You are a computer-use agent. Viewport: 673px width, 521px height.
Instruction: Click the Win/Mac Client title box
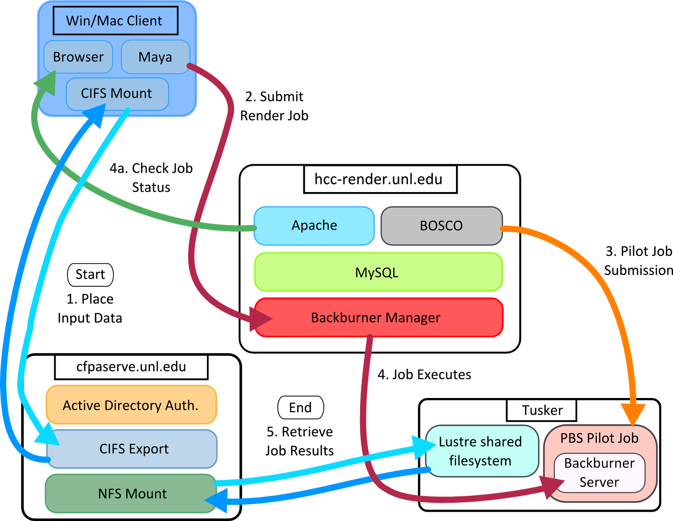tap(115, 21)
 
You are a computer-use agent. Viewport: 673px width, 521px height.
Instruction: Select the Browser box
tap(78, 57)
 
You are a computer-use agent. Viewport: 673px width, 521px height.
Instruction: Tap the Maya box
tap(155, 57)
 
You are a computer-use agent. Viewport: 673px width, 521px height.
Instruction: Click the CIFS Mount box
tap(117, 94)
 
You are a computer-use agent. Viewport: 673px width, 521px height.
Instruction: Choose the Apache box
tap(314, 226)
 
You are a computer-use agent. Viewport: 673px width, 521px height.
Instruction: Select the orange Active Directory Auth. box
tap(131, 405)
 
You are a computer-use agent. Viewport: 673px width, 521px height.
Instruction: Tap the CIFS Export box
tap(133, 449)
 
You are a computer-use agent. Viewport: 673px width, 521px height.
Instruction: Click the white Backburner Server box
tap(599, 473)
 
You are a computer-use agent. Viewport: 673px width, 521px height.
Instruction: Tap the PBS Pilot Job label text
tap(599, 438)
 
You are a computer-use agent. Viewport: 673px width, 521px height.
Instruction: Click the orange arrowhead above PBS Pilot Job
tap(633, 413)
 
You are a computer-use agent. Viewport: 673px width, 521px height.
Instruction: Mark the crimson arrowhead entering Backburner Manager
tap(259, 319)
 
